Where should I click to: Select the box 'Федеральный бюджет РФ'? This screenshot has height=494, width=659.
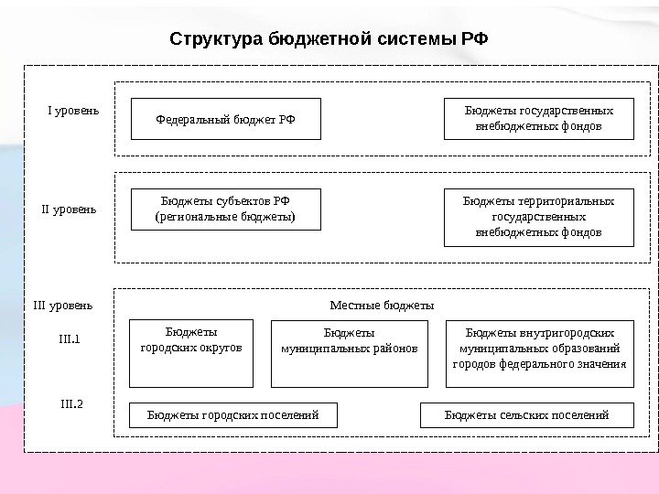coord(226,118)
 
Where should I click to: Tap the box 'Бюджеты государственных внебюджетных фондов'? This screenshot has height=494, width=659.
coord(538,118)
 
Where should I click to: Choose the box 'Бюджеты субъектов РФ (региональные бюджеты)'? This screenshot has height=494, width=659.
coord(226,209)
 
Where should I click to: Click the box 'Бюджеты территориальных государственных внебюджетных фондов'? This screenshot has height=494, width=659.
coord(538,217)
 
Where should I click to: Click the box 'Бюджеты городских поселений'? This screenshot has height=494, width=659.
coord(233,415)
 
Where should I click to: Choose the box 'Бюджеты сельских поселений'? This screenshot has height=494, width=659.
coord(526,415)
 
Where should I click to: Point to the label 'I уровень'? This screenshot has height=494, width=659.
coord(73,112)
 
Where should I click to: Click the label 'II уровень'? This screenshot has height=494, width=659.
coord(70,209)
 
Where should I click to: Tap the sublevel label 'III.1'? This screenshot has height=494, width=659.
coord(70,339)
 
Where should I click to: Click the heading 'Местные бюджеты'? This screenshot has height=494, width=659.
coord(381,304)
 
